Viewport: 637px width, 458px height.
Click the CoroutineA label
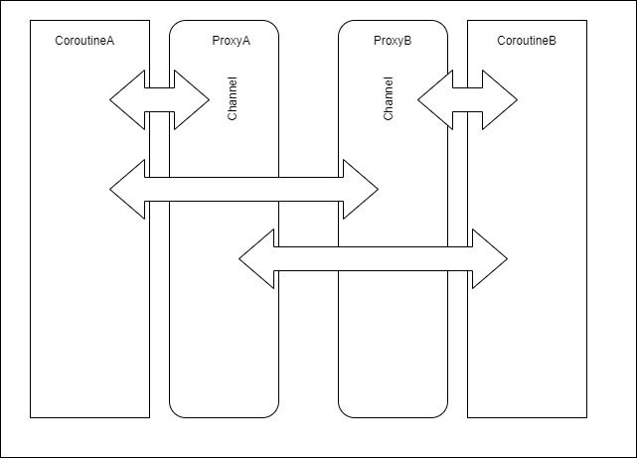pos(84,41)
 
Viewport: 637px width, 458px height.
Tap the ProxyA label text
pos(232,41)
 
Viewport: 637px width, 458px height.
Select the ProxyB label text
pos(393,41)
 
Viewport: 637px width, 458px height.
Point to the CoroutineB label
pos(527,41)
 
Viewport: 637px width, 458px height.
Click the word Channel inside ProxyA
pos(232,98)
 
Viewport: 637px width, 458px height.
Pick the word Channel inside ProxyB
pos(388,98)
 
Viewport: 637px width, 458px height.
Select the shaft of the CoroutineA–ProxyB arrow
pos(244,189)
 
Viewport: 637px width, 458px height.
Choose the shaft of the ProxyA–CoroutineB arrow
pos(374,258)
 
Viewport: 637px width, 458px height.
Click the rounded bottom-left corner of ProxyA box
pos(174,413)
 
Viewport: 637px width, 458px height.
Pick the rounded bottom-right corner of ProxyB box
pos(443,413)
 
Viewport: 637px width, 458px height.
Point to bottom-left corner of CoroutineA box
pos(31,417)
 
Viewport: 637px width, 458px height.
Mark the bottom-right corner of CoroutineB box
pos(586,417)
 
